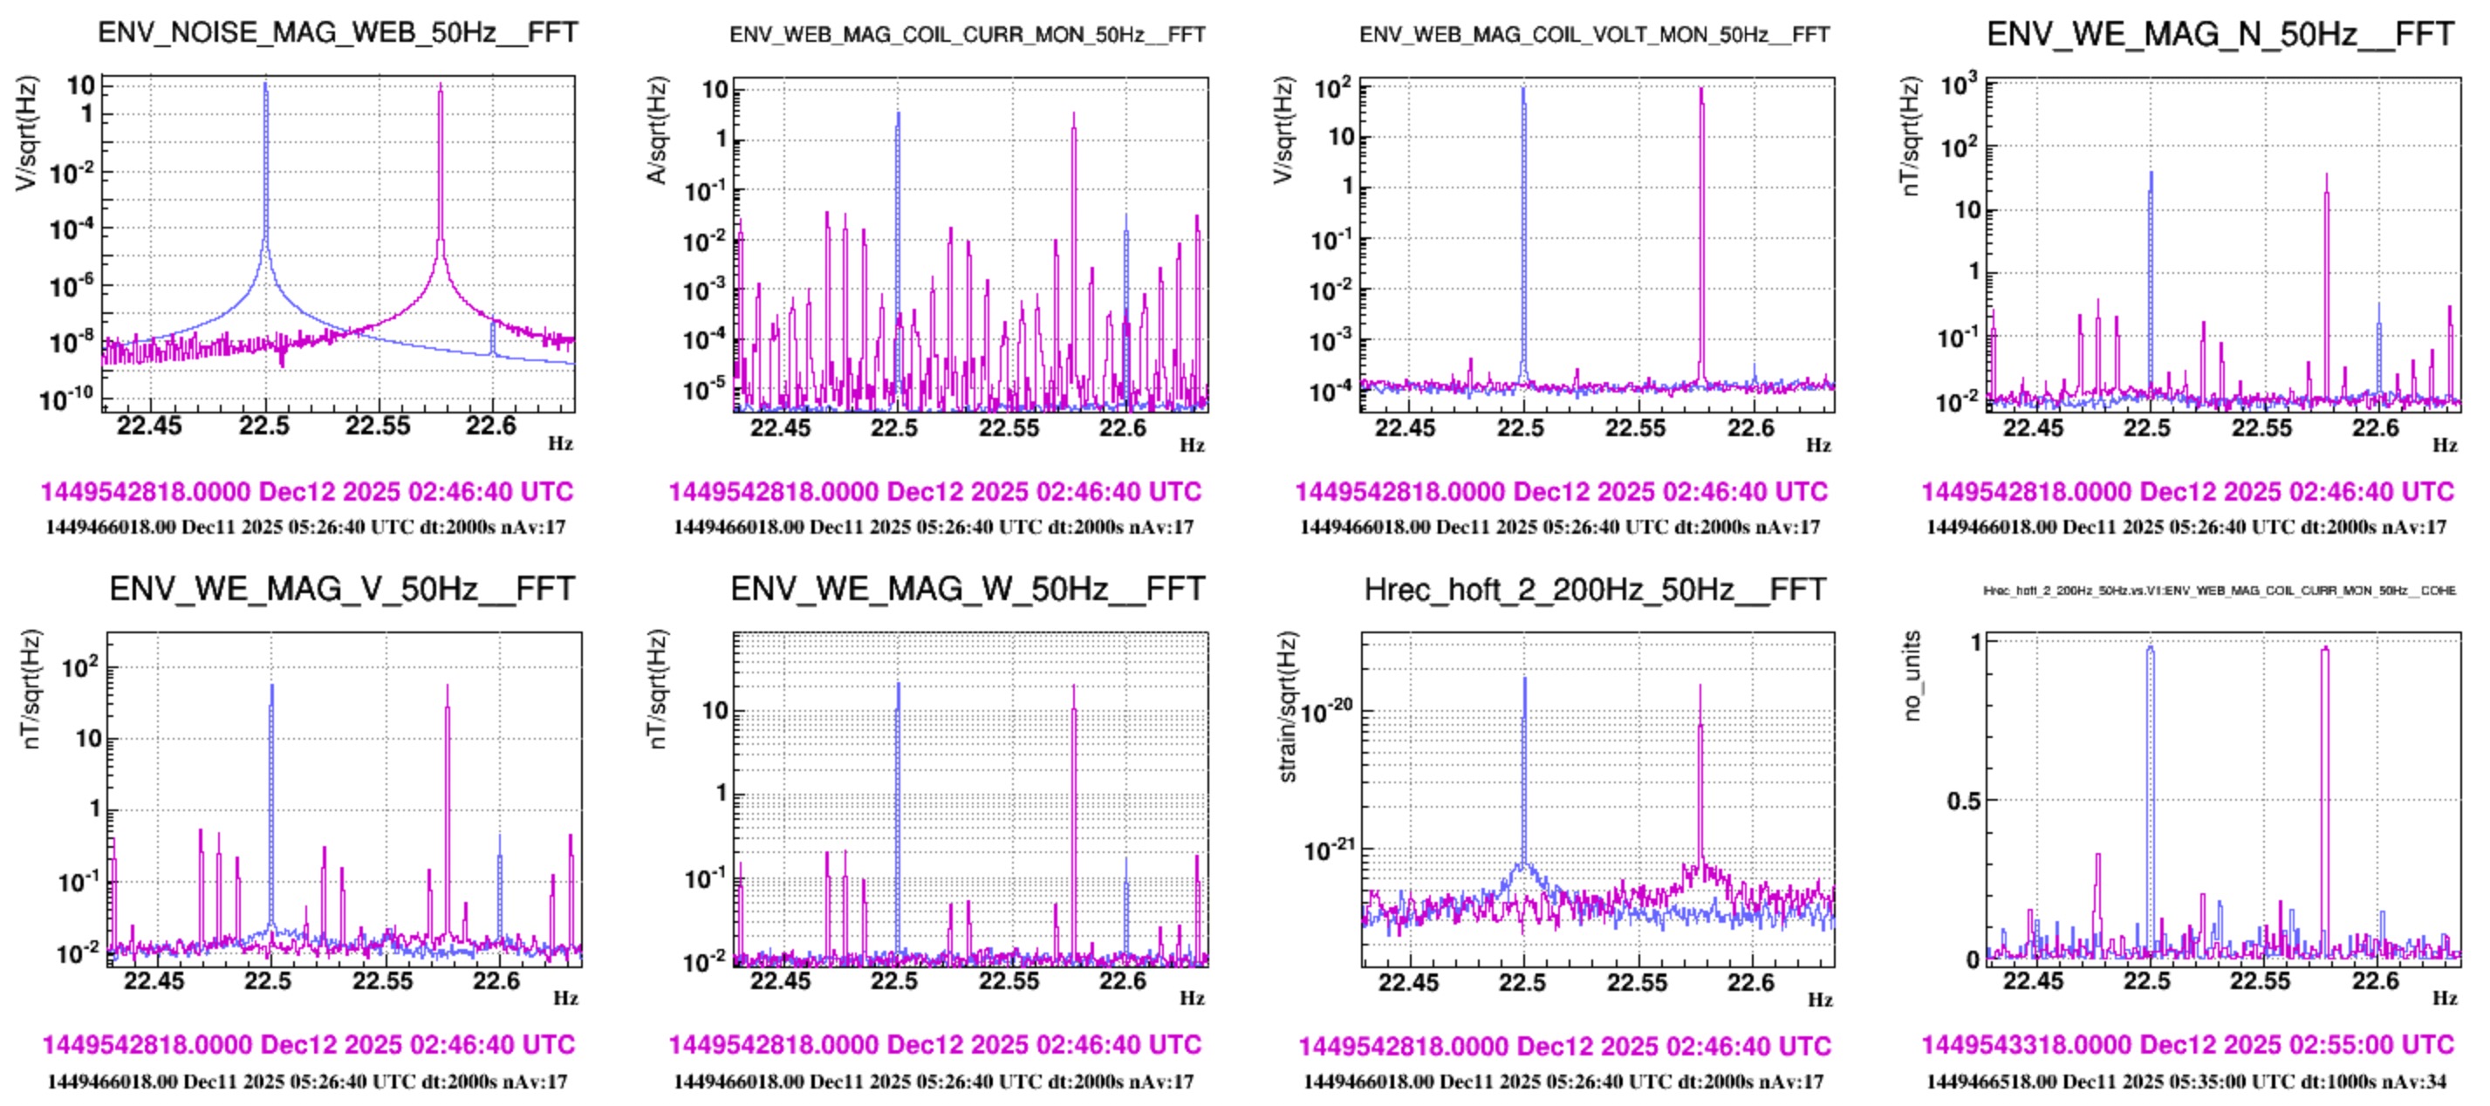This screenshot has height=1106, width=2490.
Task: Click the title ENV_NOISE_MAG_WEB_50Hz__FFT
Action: tap(338, 32)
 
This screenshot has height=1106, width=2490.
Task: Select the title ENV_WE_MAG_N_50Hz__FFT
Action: tap(2220, 34)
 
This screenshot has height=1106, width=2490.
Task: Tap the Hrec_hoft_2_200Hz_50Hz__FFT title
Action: tap(1594, 589)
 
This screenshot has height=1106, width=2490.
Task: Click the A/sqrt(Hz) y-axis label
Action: tap(657, 131)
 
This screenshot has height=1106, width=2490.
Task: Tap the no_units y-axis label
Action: tap(1911, 676)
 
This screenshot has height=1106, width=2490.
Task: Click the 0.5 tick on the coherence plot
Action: tap(1963, 802)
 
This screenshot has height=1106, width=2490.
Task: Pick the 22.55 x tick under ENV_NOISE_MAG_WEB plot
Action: tap(378, 426)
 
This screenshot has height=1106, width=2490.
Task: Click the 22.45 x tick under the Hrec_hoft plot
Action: tap(1407, 982)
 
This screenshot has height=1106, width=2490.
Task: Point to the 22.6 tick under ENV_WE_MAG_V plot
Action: tap(496, 980)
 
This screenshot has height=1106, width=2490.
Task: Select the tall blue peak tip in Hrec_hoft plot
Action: tap(1524, 679)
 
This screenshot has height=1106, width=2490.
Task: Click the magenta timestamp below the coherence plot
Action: tap(2186, 1045)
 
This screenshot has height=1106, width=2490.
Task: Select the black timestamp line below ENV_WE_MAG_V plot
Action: tap(307, 1081)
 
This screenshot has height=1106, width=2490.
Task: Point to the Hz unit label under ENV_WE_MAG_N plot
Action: tap(2445, 446)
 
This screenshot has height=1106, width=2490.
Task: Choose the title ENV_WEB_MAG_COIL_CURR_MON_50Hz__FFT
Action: tap(967, 35)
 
